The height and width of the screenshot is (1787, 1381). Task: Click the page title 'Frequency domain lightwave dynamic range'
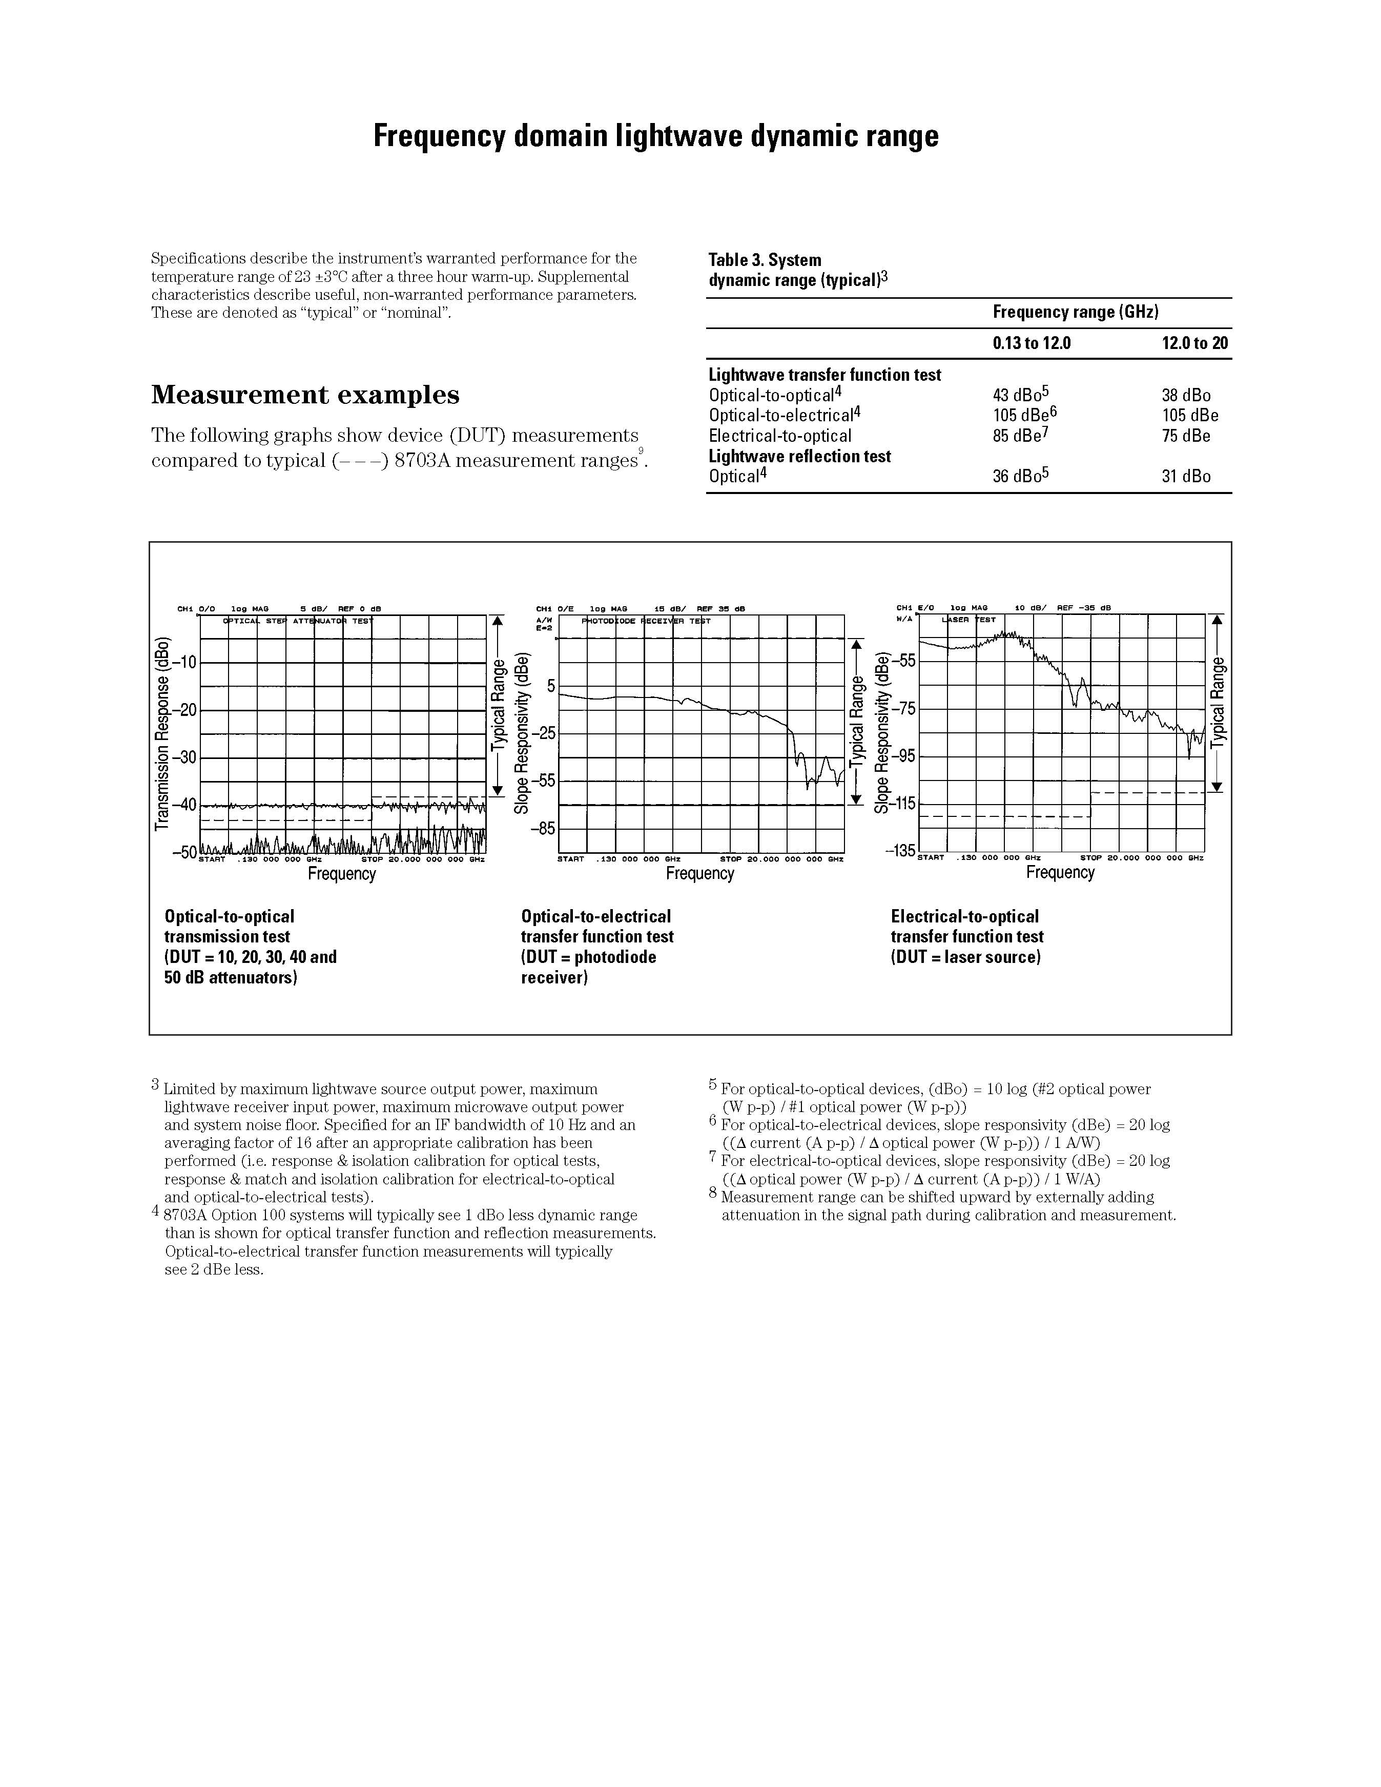655,136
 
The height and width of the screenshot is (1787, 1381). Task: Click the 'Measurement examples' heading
305,395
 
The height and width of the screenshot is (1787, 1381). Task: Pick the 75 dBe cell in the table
1185,436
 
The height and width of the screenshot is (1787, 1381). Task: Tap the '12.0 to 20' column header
1194,343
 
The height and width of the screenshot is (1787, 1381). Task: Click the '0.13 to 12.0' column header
1031,343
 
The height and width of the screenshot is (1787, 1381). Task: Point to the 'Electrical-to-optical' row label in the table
780,436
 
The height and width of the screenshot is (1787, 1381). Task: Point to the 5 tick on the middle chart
551,686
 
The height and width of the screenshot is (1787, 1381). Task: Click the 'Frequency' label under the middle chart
699,874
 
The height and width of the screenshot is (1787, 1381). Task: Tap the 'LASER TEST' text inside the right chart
968,620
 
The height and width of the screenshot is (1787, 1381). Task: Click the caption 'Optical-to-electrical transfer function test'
597,926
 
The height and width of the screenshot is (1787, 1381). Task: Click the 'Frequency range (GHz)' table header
1075,312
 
